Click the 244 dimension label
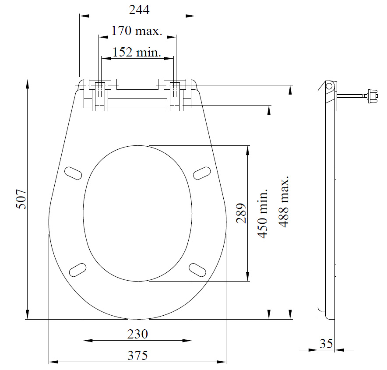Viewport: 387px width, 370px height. (139, 10)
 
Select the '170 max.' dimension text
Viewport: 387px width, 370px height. (137, 31)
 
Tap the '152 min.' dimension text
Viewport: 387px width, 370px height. (137, 52)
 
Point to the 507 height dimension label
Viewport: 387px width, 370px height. (21, 199)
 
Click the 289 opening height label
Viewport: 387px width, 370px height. (241, 213)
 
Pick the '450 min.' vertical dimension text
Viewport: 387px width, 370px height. (263, 214)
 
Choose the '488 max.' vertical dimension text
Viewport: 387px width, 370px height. (284, 202)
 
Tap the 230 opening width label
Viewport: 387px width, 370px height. (137, 334)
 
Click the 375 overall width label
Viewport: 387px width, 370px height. (137, 356)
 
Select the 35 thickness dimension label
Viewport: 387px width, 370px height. (326, 344)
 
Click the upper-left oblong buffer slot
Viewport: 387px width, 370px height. (73, 173)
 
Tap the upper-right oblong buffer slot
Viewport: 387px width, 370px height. (202, 173)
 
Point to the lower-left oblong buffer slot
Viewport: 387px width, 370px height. (78, 270)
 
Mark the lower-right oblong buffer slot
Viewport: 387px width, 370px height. (197, 270)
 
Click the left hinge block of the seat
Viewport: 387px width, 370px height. (100, 95)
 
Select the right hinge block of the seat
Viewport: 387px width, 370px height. (175, 95)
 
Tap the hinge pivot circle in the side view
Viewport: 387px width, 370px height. (329, 86)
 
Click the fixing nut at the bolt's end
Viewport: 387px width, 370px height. (373, 96)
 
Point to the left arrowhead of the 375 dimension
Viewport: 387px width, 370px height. (53, 362)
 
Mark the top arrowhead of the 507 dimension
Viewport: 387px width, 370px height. (28, 84)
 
